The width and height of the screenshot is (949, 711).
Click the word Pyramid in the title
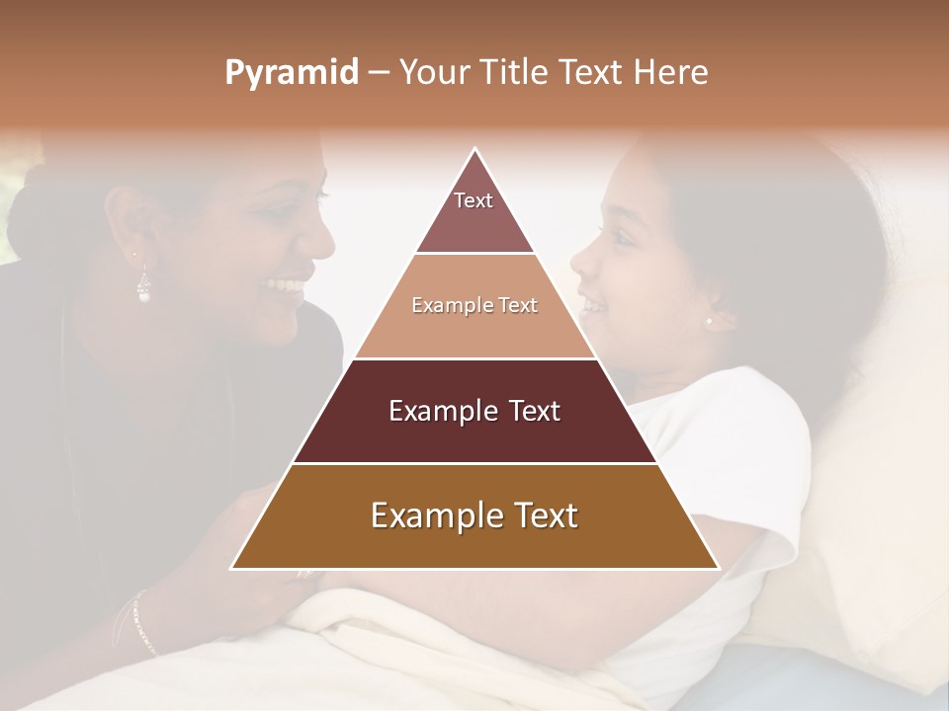coord(291,73)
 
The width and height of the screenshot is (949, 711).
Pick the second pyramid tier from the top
coord(474,306)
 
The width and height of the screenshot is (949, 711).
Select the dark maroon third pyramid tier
coord(474,411)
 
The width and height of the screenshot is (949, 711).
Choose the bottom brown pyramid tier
coord(474,516)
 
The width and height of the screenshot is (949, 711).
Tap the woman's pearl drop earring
coord(143,288)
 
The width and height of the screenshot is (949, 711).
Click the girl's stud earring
coord(708,321)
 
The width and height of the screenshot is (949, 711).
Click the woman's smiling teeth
coord(285,285)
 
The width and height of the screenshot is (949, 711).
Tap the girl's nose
coord(578,264)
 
